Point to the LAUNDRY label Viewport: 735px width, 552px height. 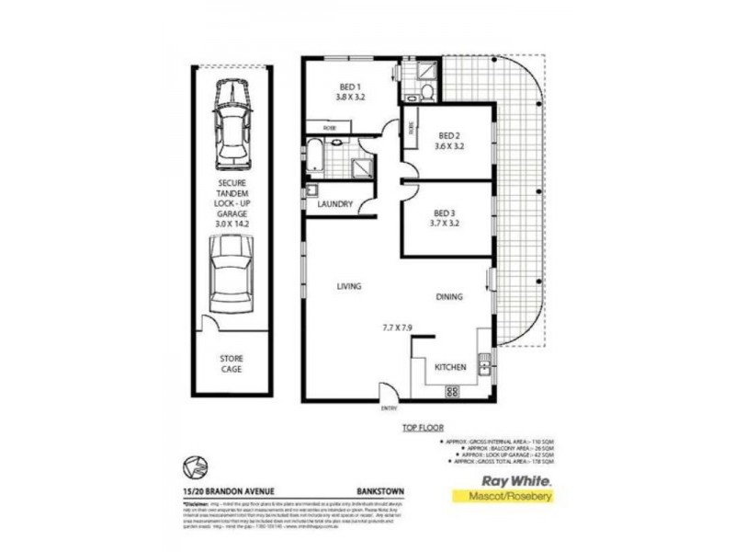(335, 204)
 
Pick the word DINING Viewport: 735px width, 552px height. (448, 296)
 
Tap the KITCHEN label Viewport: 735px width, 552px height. (450, 368)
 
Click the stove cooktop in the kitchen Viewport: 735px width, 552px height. (452, 393)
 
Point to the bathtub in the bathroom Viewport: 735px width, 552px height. (315, 156)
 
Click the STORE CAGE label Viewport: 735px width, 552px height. (232, 363)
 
